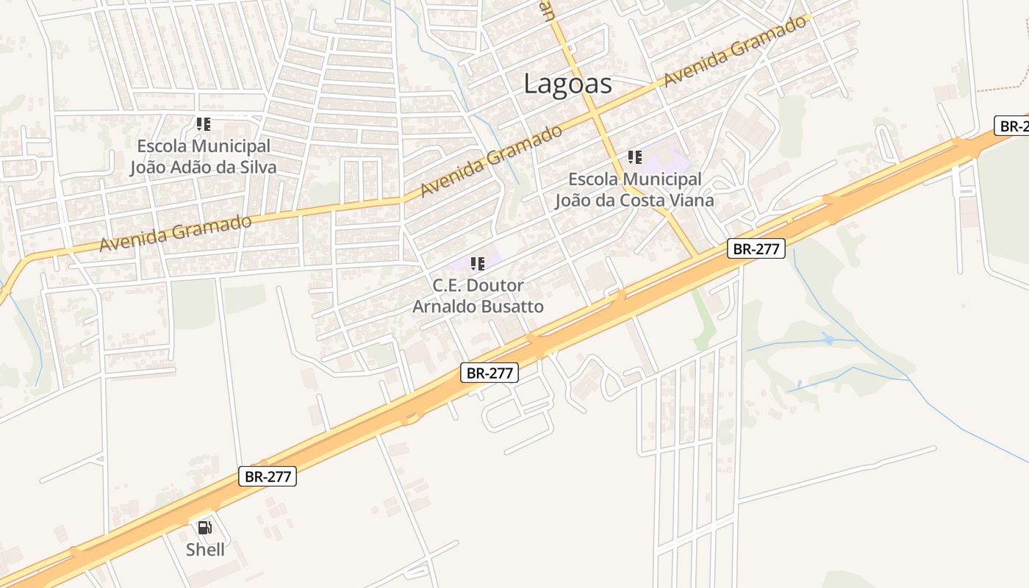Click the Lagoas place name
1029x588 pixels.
point(567,84)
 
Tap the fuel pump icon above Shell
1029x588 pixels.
point(204,527)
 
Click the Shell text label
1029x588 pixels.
point(205,549)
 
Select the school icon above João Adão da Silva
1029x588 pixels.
point(204,124)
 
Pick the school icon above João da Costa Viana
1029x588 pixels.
point(634,157)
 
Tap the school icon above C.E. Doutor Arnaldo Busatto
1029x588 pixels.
point(478,263)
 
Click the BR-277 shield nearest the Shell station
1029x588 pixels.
point(268,476)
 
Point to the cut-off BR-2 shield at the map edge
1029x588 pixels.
point(1012,126)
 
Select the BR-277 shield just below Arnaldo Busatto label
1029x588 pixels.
point(490,373)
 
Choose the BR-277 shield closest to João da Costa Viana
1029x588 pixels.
point(756,248)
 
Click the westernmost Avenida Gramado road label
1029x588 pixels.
point(175,232)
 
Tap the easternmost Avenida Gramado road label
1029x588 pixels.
point(734,51)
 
